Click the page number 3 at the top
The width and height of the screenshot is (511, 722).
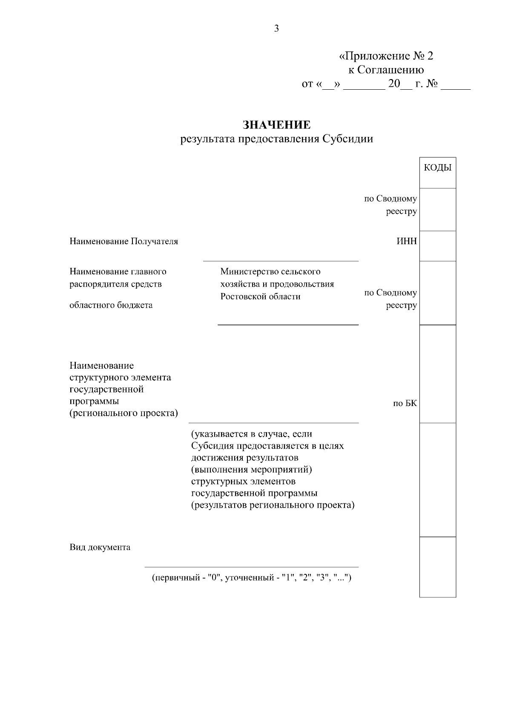point(276,29)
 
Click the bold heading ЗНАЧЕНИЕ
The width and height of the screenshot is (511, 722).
point(276,125)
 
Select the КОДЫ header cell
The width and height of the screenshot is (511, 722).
point(437,168)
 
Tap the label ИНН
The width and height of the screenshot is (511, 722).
point(407,242)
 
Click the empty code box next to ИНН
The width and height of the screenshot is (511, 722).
point(437,246)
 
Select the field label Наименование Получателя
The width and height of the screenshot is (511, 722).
point(123,242)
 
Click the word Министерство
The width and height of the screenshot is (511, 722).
point(248,271)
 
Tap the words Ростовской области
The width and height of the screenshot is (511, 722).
point(260,296)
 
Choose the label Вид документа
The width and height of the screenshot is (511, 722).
point(100,547)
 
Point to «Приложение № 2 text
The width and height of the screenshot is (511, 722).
point(386,56)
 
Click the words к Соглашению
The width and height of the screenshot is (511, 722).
point(386,70)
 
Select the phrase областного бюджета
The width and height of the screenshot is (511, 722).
point(111,305)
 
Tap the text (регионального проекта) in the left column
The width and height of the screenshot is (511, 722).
point(123,413)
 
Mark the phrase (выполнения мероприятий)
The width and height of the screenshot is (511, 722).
point(252,470)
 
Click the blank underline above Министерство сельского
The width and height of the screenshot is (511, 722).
point(281,261)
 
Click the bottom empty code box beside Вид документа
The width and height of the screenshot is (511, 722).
point(437,567)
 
